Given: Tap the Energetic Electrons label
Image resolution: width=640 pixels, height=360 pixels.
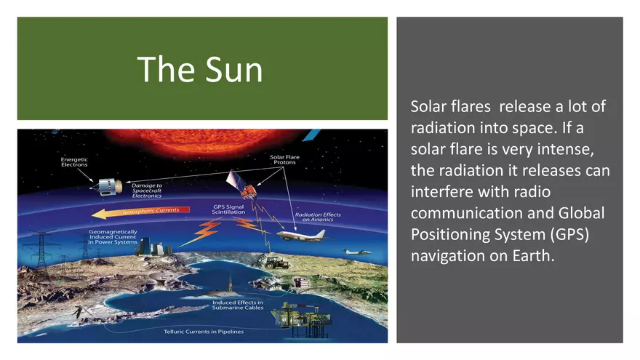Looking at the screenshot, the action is click(74, 162).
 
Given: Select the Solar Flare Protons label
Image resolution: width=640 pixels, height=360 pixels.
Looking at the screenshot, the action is click(284, 159).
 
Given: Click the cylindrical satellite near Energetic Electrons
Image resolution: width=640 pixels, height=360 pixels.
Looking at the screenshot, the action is click(108, 186).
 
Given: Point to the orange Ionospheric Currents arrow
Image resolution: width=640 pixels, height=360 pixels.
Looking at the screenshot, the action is click(140, 212).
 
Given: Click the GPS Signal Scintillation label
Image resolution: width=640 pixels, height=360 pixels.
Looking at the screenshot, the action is click(228, 209).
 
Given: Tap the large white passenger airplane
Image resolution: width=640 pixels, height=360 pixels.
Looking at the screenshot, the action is click(302, 234).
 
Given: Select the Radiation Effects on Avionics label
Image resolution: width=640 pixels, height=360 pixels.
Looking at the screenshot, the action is click(318, 217).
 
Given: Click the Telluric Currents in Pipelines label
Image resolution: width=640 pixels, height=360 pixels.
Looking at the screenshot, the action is click(204, 332).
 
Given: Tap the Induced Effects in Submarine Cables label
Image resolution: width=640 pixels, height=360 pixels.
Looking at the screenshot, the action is click(238, 305).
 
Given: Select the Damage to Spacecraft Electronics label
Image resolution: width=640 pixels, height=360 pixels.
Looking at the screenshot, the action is click(146, 191).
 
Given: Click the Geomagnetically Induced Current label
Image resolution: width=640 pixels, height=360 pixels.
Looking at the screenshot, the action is click(113, 237).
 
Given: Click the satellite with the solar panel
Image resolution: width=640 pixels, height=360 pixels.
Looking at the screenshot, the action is click(241, 184).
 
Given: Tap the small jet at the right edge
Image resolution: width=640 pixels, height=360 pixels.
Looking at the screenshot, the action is click(356, 252).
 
